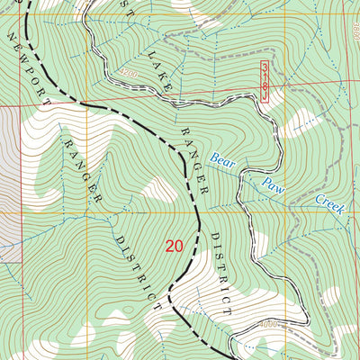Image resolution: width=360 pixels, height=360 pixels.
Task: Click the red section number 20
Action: [x=175, y=245]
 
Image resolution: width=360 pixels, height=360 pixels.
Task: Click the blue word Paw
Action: [x=274, y=186]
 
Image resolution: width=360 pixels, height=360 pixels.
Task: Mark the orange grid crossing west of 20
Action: [x=86, y=213]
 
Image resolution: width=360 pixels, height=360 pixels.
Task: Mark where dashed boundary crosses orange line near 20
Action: [x=197, y=213]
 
